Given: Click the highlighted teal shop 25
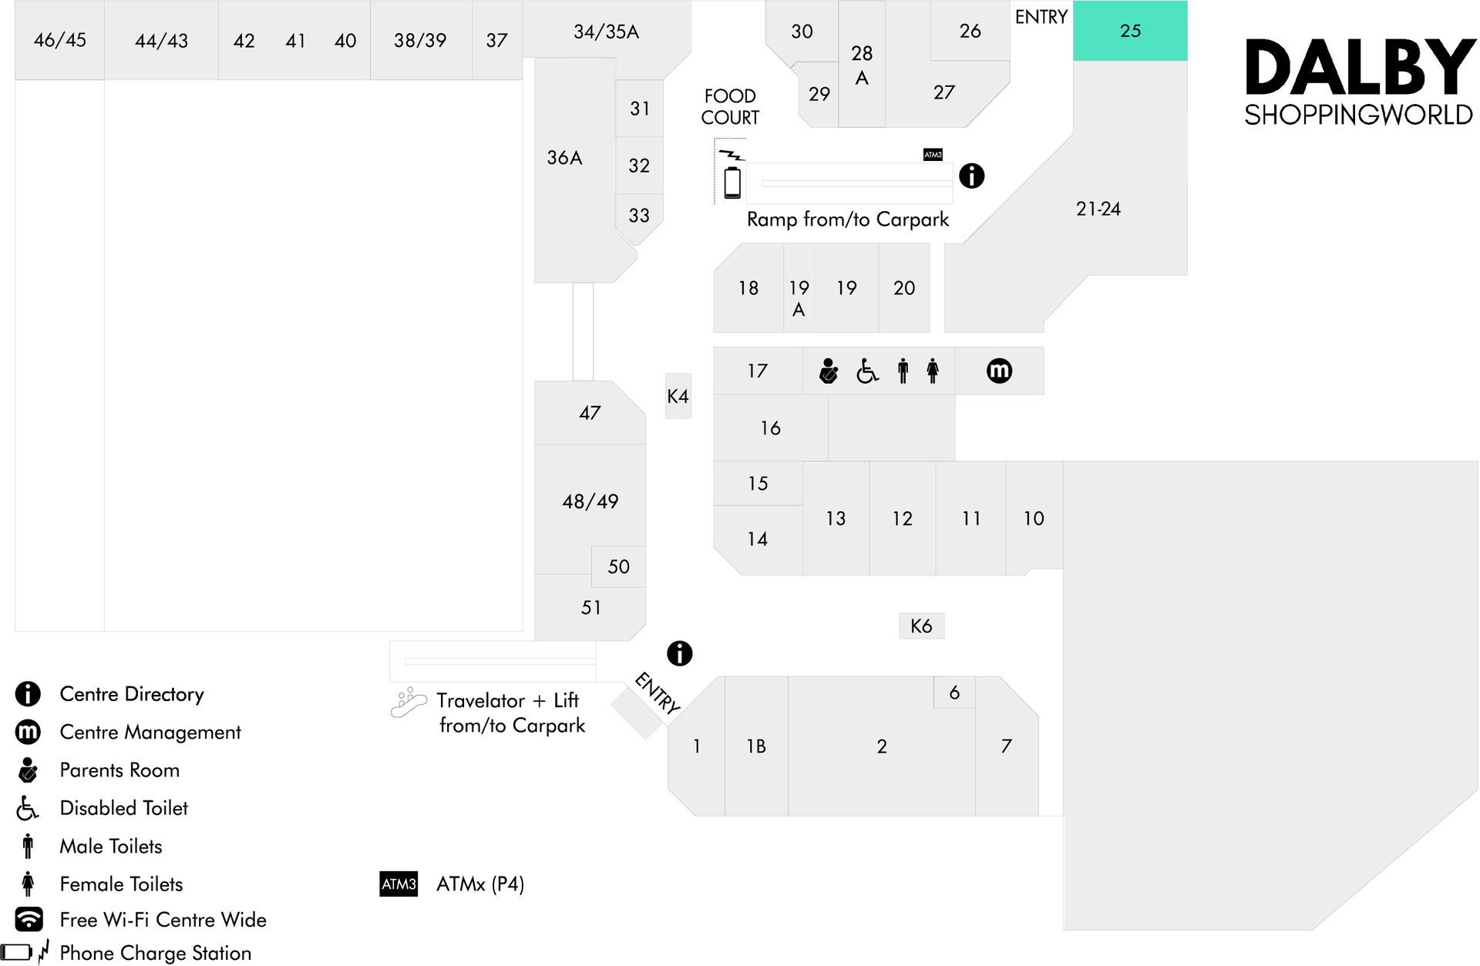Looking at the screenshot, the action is coord(1130,31).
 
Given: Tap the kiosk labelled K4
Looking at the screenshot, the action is coord(678,396).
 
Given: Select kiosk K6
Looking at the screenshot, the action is coord(921,626).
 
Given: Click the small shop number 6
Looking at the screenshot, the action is coord(954,693).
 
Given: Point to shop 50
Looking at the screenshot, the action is coord(618,567).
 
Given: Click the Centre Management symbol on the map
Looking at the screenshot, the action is coord(999,371).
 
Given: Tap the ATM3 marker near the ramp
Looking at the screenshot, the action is coord(933,155).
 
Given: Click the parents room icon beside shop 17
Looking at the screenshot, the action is coord(829,371).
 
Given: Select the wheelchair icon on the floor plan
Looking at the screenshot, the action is coord(867,371).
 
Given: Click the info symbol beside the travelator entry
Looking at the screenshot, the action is coord(679,653).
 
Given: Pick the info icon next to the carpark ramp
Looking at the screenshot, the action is coord(971,176).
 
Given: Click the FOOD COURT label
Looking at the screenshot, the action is coord(730,107).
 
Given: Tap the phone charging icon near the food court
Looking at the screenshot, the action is coord(732,175).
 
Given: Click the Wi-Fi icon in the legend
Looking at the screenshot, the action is coord(29,919).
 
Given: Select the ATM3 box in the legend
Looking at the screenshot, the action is coord(399,884).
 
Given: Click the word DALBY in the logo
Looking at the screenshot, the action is coord(1360,68).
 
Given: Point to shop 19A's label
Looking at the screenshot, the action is coord(799,298).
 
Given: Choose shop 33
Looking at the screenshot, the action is coord(639,216).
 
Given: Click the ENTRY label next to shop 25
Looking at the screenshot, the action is coord(1041,17).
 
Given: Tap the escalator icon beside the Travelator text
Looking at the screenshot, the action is coord(408,703).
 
